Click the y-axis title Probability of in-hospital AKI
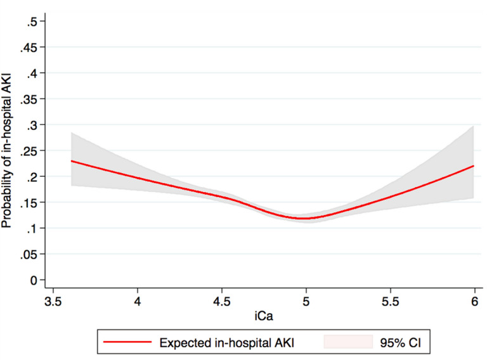tap(10, 151)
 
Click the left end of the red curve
tap(71, 161)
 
